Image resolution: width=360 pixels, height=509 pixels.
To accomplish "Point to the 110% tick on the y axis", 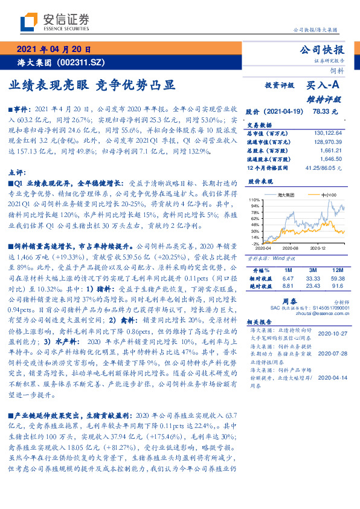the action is pos(254,199).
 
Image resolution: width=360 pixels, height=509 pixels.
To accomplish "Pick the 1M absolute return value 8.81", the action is pos(288,285).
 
